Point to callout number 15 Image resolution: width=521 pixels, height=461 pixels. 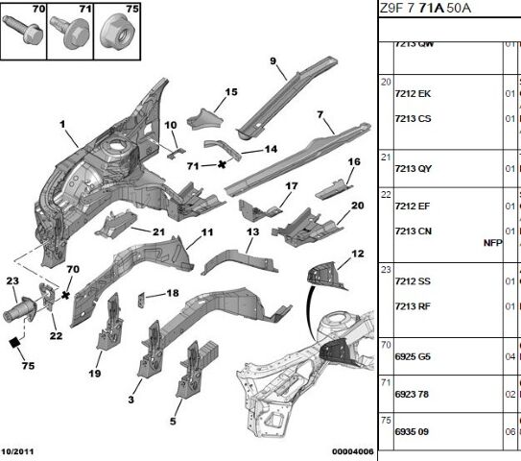(230, 92)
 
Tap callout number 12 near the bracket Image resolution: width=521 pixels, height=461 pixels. (357, 254)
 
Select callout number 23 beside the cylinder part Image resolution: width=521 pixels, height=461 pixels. (12, 280)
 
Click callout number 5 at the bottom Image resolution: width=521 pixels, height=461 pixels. (173, 421)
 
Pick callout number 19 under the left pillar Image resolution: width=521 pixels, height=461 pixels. (95, 374)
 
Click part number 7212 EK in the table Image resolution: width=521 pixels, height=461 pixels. (413, 94)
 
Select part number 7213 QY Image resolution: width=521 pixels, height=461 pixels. (414, 168)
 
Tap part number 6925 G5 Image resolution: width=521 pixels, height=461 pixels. (414, 356)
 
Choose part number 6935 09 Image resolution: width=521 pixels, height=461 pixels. (413, 431)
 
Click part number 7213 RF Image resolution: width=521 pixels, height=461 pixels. (413, 306)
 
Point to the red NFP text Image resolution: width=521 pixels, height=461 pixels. (492, 243)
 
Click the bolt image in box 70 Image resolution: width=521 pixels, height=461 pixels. (22, 31)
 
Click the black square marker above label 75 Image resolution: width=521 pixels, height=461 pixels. (15, 342)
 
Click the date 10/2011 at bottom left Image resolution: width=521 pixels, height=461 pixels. (18, 449)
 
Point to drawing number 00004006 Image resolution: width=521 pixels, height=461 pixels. (352, 449)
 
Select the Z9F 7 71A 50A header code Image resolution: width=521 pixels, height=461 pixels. (426, 9)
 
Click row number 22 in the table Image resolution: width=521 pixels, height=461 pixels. (386, 194)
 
